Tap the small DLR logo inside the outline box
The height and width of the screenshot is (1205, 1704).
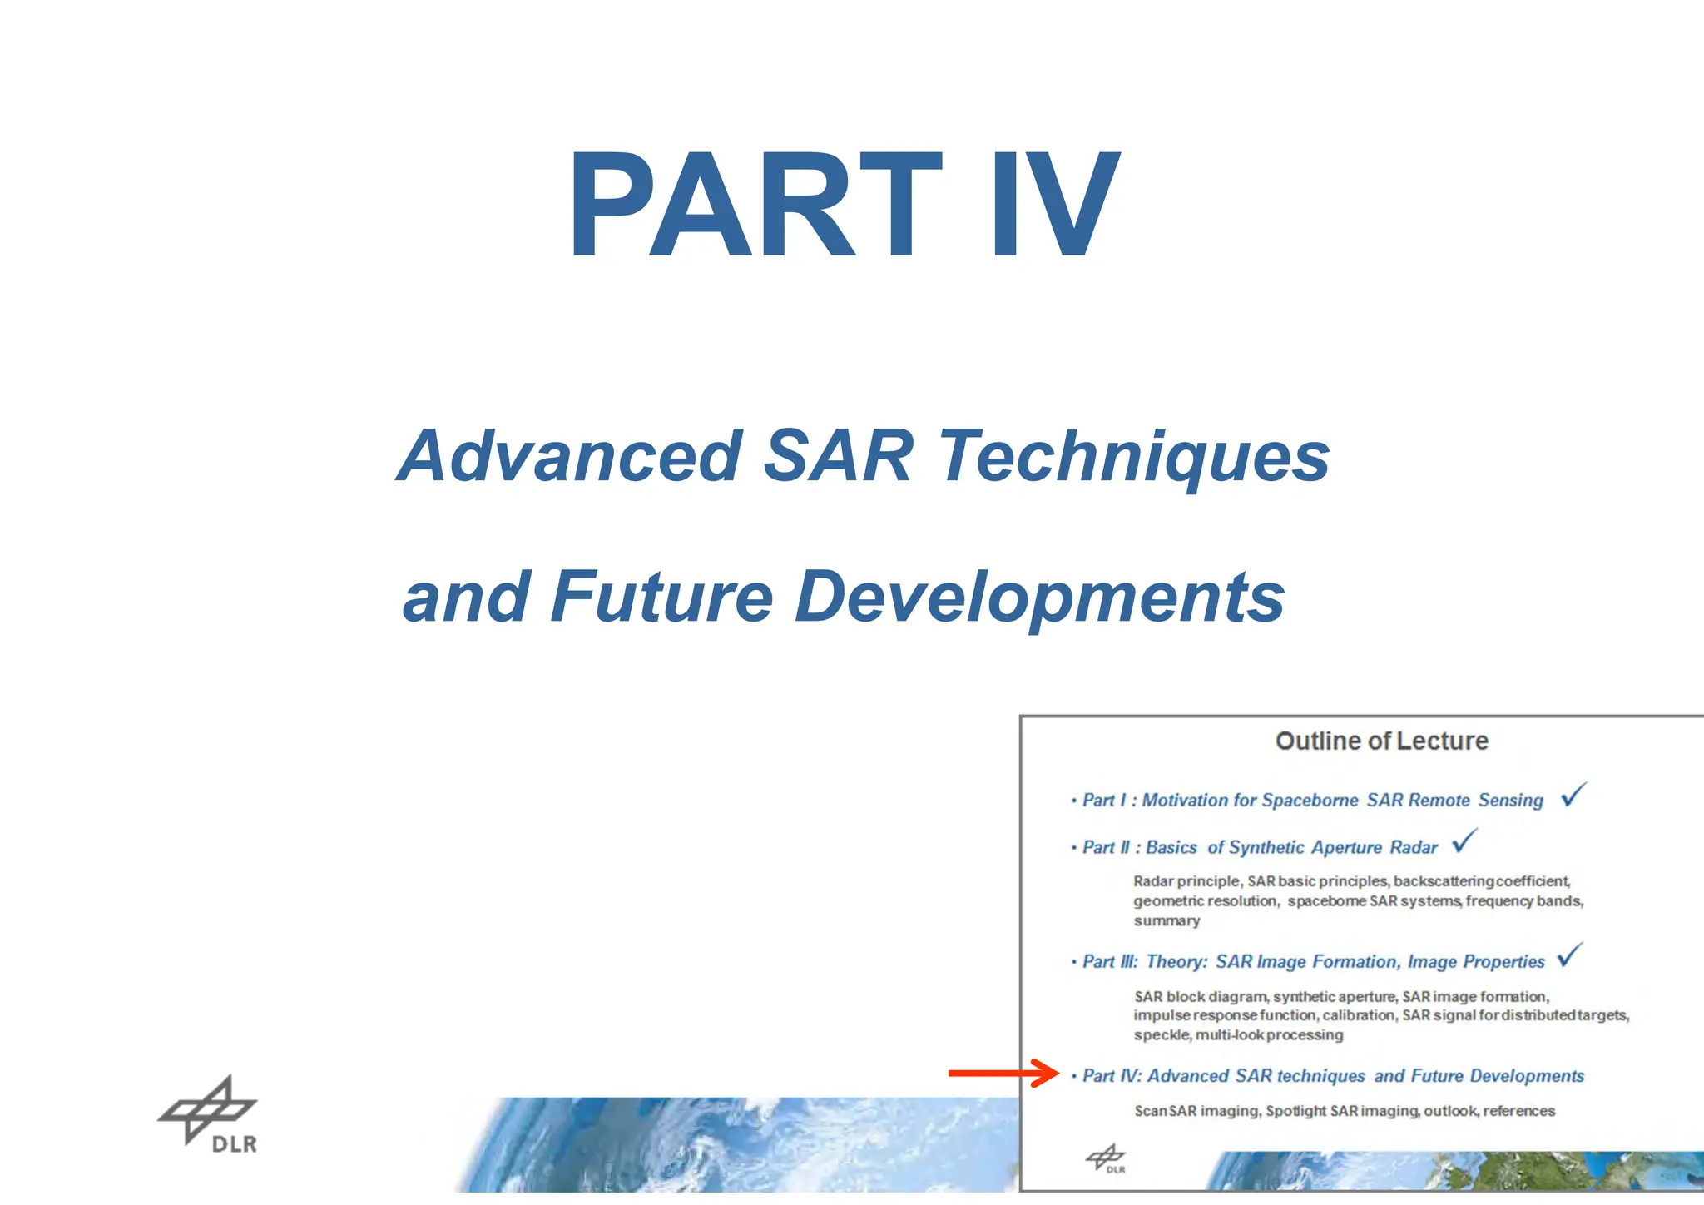click(1106, 1159)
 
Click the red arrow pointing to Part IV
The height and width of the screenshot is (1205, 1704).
click(1003, 1074)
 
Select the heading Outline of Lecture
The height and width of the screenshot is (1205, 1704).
click(1381, 741)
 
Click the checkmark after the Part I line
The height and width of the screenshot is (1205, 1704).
click(1573, 795)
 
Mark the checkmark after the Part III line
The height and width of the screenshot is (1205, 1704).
click(1570, 955)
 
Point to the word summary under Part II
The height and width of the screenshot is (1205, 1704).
click(1167, 921)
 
